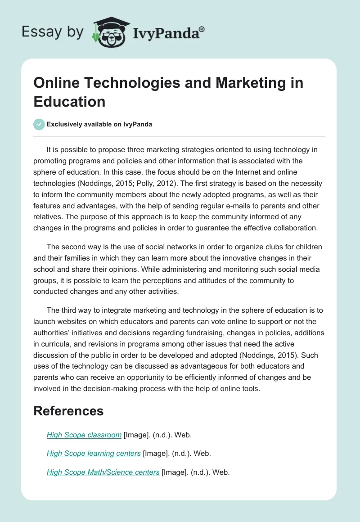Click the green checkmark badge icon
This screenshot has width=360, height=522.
[x=39, y=124]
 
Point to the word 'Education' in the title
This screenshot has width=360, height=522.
[x=69, y=101]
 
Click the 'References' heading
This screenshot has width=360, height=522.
[x=68, y=411]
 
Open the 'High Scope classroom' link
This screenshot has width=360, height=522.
[x=84, y=435]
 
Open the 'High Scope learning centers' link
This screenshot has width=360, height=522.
[x=94, y=454]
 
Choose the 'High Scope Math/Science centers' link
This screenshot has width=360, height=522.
[x=103, y=472]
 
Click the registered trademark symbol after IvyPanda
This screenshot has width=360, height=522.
[x=202, y=29]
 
